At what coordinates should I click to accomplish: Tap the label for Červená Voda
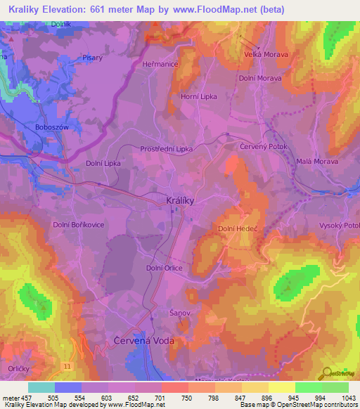(x=143, y=340)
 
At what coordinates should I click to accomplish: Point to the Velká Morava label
(x=266, y=54)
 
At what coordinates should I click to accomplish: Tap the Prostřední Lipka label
(x=166, y=149)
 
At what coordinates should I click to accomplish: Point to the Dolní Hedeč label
(x=237, y=228)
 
